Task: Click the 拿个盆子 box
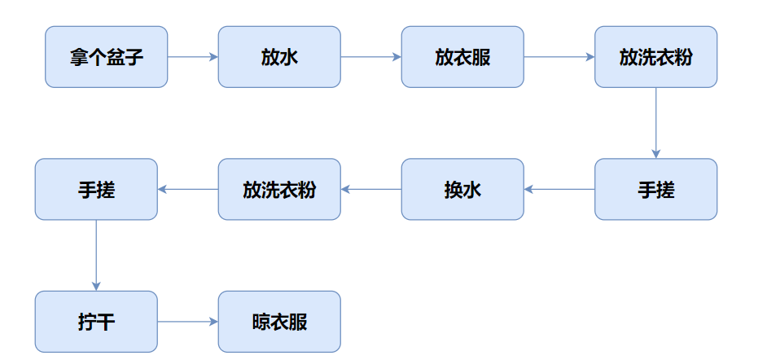click(x=106, y=57)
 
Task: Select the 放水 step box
click(x=279, y=57)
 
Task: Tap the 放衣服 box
click(x=462, y=57)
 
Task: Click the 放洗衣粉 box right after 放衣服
click(x=655, y=57)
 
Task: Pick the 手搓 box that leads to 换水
click(x=655, y=189)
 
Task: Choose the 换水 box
click(x=462, y=189)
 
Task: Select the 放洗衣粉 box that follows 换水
click(x=279, y=189)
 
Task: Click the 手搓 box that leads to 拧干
click(x=96, y=189)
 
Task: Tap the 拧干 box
click(x=96, y=322)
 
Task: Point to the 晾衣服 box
click(x=279, y=322)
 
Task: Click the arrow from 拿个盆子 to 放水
click(x=192, y=57)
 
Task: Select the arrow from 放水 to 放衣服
click(x=370, y=57)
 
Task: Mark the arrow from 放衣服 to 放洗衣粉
click(x=559, y=57)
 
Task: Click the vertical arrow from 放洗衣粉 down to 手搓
click(x=655, y=122)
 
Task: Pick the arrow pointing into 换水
click(x=559, y=189)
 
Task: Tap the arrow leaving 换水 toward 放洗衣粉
click(x=370, y=189)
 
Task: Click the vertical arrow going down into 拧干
click(x=96, y=255)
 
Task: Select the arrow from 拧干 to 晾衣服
click(x=187, y=322)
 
